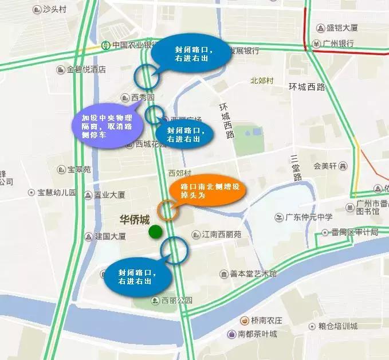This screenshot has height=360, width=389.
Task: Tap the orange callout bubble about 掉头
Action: (210, 191)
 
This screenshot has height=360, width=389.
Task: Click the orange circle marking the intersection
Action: (168, 210)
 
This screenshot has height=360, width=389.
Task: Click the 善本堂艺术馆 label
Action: (249, 274)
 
